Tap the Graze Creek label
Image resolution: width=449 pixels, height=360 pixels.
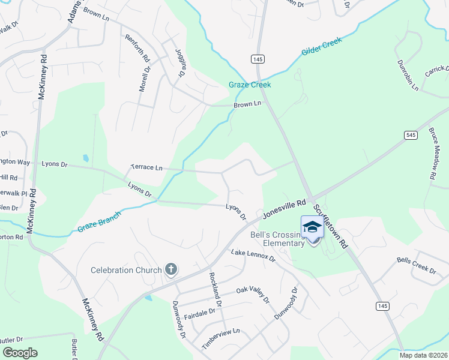pyautogui.click(x=250, y=85)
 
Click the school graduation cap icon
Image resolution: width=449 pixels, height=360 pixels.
pyautogui.click(x=312, y=227)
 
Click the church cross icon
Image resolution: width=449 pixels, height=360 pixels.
pyautogui.click(x=171, y=269)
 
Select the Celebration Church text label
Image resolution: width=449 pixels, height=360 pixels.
pyautogui.click(x=126, y=270)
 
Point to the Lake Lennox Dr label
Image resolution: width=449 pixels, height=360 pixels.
pyautogui.click(x=253, y=255)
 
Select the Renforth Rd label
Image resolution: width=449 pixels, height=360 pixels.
pyautogui.click(x=136, y=49)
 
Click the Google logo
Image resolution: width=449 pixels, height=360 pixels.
pyautogui.click(x=20, y=353)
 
